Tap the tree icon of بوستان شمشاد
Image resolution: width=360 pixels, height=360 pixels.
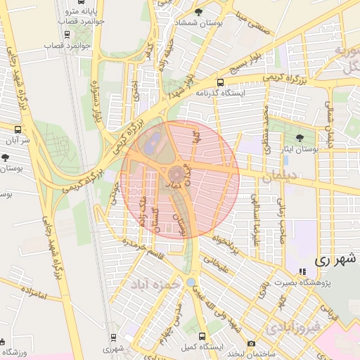[x=198, y=13]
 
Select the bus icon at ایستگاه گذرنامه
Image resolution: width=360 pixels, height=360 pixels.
[x=220, y=82]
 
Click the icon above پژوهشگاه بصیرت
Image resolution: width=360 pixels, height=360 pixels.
[x=303, y=271]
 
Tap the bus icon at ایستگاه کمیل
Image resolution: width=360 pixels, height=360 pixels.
[x=203, y=336]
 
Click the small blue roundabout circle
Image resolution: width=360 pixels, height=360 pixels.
[x=191, y=282]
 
